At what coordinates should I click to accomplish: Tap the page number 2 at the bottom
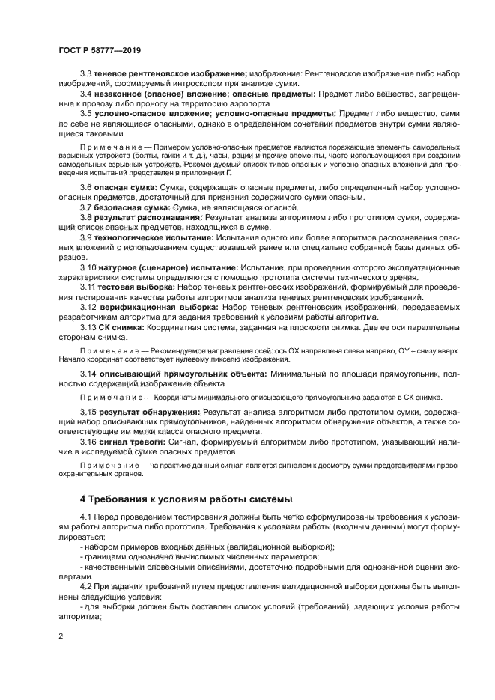click(61, 636)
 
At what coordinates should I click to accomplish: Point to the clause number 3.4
click(86, 94)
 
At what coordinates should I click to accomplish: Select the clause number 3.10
click(88, 267)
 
